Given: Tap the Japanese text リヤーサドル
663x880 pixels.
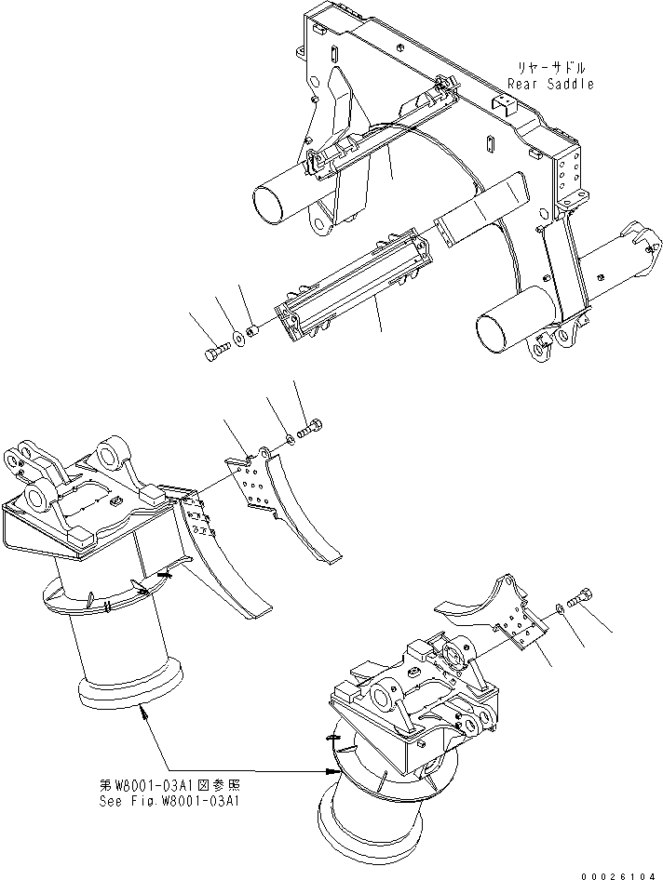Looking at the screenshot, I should click(x=553, y=68).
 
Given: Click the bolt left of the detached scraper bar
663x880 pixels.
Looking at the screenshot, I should click(x=214, y=352).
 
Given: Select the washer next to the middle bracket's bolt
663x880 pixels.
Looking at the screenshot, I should click(x=292, y=437).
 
